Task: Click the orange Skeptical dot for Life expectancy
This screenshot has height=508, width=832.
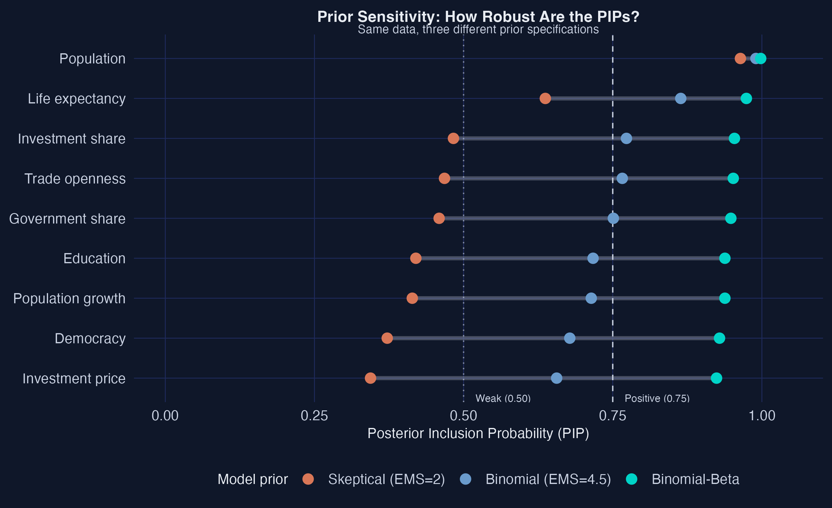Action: coord(545,99)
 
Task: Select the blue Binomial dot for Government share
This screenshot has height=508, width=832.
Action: coord(613,218)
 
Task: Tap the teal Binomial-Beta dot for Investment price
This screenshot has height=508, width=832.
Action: coord(716,378)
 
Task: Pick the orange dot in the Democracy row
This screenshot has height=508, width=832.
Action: coord(387,338)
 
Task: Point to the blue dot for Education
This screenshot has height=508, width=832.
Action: coord(593,258)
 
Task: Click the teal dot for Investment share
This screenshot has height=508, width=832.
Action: coord(734,138)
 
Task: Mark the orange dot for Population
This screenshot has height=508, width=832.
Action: coord(740,58)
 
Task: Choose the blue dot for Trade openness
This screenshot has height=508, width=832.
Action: coord(622,179)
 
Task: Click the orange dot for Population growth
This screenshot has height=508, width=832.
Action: coord(412,298)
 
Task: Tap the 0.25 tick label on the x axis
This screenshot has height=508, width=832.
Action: coord(314,416)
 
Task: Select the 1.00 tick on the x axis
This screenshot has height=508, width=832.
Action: coord(762,416)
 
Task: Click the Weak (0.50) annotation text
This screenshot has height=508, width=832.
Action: coord(503,398)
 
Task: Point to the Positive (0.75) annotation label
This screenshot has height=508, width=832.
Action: coord(657,398)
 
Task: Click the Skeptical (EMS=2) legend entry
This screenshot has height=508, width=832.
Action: coord(386,479)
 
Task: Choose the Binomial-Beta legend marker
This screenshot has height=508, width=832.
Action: coord(631,479)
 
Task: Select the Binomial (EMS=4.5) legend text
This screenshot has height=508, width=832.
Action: coord(548,479)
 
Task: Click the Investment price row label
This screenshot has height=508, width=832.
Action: coord(74,378)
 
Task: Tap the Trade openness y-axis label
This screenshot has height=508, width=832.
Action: coord(75,179)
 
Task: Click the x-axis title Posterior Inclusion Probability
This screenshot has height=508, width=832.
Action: coord(478,434)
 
